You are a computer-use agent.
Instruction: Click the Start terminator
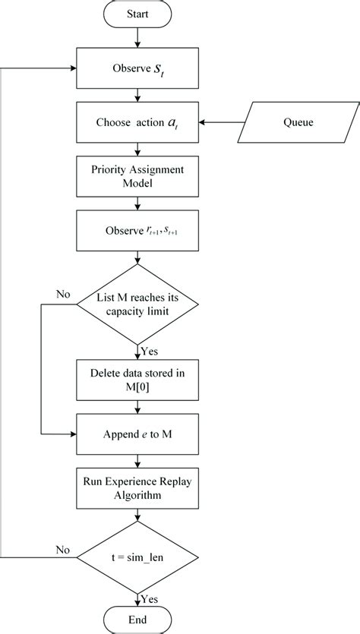[137, 13]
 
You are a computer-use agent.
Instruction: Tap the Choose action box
[137, 122]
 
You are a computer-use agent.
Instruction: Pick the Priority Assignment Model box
[137, 176]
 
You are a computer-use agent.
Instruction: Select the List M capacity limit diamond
[137, 302]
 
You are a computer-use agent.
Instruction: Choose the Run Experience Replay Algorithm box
[137, 487]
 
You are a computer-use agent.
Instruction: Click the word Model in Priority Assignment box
[137, 183]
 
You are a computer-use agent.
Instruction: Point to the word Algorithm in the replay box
[137, 495]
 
